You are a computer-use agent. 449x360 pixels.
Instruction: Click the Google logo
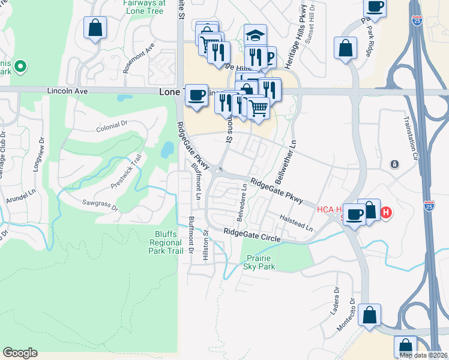20,353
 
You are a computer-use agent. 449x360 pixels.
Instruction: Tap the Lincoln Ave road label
68,91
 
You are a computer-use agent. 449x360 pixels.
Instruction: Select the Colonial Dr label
112,127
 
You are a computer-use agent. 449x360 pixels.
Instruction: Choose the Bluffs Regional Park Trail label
166,242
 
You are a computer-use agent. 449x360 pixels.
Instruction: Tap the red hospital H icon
387,212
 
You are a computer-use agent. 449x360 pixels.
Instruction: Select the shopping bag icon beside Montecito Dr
369,314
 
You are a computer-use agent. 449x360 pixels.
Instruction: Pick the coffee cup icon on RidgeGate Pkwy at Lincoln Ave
196,95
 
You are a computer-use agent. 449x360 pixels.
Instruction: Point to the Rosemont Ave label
139,58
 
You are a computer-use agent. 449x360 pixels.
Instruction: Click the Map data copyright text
423,355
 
